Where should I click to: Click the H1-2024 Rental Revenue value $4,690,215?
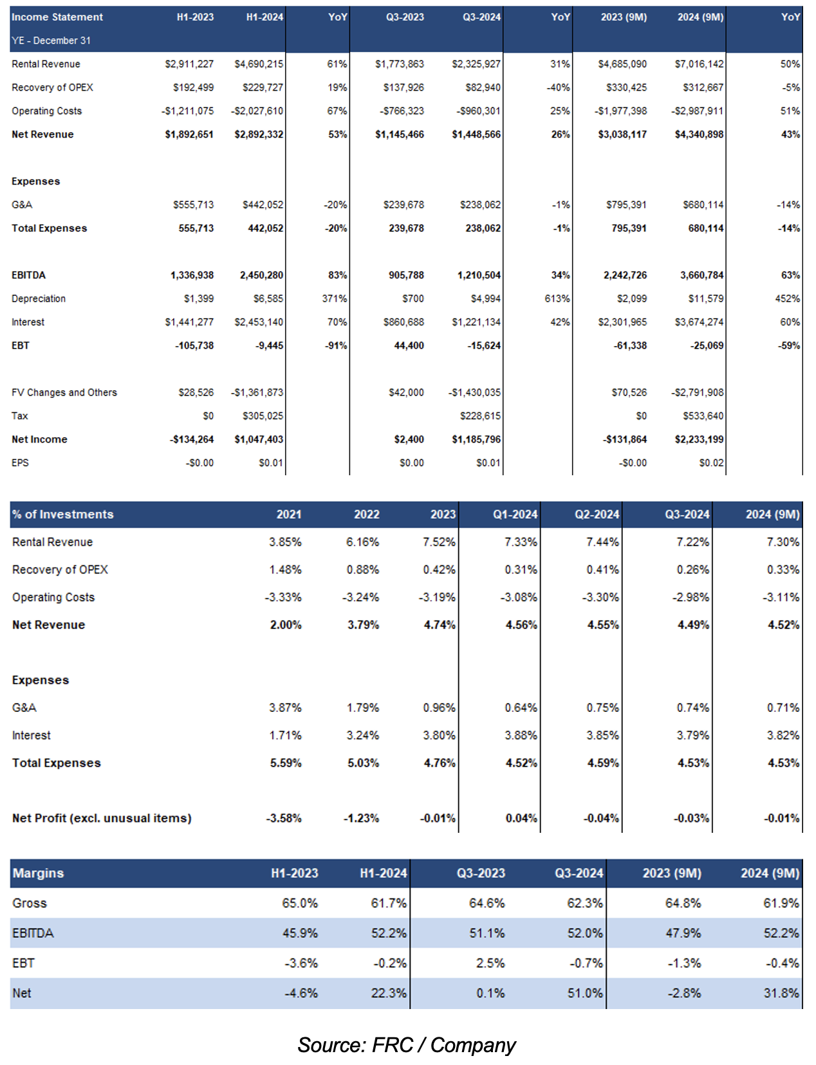(259, 64)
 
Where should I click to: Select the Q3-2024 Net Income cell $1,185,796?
(476, 439)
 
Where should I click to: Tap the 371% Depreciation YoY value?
(335, 298)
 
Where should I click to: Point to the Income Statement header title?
(57, 17)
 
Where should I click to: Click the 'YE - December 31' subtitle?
(51, 41)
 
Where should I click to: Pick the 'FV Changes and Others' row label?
(64, 392)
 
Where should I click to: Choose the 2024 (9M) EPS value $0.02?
(711, 462)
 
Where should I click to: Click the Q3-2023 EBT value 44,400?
(409, 345)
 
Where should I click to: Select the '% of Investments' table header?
(63, 514)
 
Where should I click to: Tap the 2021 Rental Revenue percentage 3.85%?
(285, 542)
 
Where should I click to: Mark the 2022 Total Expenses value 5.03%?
(363, 763)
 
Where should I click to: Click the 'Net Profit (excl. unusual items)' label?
(102, 818)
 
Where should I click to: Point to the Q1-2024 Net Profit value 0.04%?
(521, 818)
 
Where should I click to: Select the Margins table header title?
(38, 873)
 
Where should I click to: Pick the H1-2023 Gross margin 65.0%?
(300, 903)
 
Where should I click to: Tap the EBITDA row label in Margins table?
(33, 933)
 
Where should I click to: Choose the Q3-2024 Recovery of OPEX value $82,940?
(483, 87)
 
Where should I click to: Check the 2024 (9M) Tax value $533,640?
(703, 416)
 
